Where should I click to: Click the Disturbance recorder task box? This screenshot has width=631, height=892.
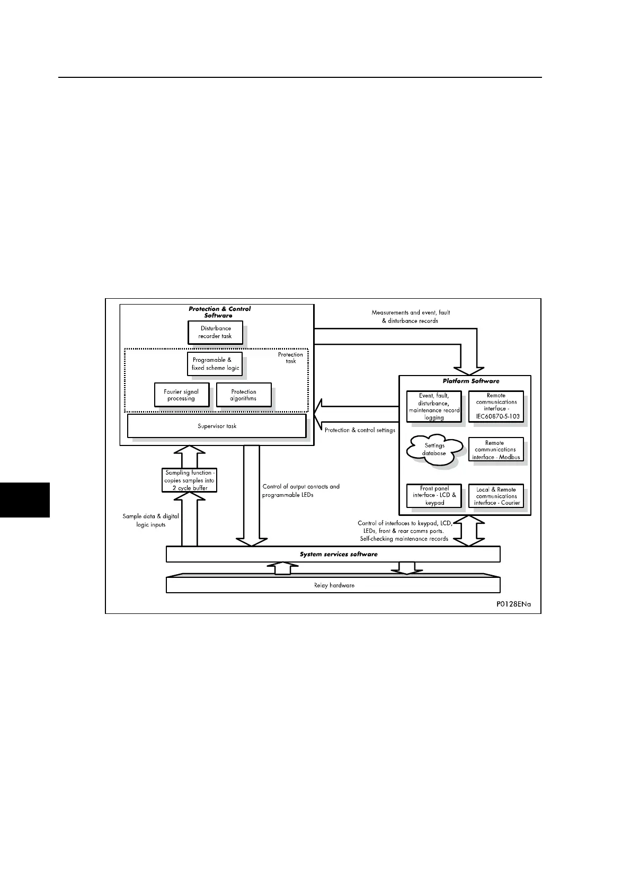pos(215,332)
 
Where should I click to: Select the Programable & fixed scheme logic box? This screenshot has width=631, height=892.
pos(215,364)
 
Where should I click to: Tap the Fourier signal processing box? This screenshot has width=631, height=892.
pos(181,395)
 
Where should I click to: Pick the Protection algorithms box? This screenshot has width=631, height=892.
pos(244,395)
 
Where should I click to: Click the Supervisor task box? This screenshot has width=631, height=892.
pos(217,426)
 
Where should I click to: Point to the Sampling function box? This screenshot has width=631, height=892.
pos(189,480)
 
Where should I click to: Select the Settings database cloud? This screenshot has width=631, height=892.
pos(434,450)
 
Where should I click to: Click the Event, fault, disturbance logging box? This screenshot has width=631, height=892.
pos(434,406)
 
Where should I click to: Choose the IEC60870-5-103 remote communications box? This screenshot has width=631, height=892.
pos(496,406)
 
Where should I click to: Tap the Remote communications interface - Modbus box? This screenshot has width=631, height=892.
pos(496,450)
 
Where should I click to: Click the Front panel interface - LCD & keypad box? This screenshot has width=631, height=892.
pos(434,496)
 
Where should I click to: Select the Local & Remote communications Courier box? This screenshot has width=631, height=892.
pos(496,496)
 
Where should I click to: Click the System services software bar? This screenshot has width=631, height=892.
pos(333,554)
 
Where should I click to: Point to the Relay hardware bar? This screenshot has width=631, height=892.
pos(333,585)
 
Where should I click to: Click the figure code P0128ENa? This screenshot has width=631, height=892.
pos(513,604)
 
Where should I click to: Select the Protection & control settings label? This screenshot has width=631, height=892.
pos(360,430)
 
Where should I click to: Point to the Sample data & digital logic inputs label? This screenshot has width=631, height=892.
pos(150,520)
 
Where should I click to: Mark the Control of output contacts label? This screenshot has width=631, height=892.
pos(301,490)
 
